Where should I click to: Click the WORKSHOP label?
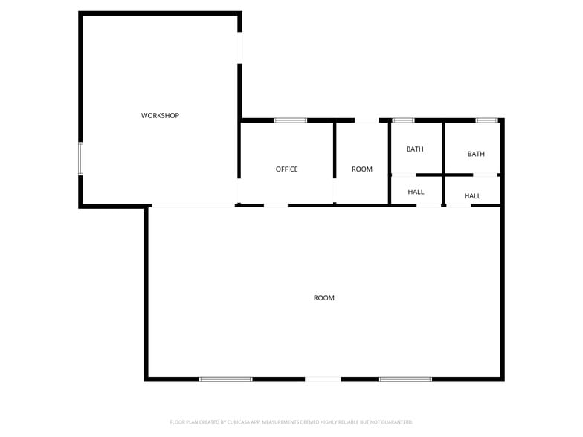tap(160, 116)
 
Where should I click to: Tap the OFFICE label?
tap(287, 169)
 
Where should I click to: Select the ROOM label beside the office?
tap(361, 169)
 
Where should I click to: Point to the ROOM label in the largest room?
tap(324, 297)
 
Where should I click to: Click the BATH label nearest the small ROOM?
tap(415, 149)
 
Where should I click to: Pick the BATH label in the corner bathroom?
tap(476, 154)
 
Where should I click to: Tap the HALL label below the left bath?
tap(416, 192)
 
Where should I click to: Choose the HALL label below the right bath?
tap(472, 196)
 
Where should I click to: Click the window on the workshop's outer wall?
tap(80, 159)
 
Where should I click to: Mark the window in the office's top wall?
tap(290, 120)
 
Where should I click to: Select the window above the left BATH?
tap(403, 120)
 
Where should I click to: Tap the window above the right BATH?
tap(486, 120)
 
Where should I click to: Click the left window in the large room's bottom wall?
tap(226, 379)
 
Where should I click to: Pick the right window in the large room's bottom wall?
tap(405, 379)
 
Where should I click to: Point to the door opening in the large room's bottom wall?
tap(323, 379)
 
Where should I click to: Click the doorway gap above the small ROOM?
tap(367, 120)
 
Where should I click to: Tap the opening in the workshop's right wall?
tap(239, 48)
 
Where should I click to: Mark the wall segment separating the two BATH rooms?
tap(443, 148)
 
